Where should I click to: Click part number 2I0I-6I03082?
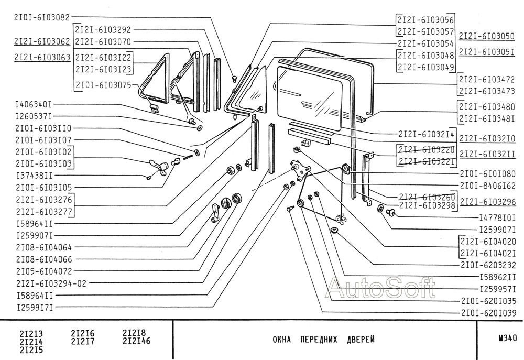coord(42,17)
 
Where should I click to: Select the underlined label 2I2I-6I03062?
coord(42,42)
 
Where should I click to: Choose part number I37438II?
coord(34,176)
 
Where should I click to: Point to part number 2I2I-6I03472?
coord(487,80)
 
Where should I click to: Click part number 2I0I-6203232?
coord(488,265)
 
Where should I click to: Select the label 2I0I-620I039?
coord(488,313)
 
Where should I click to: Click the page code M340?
coord(501,339)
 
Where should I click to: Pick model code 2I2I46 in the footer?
coord(136,341)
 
